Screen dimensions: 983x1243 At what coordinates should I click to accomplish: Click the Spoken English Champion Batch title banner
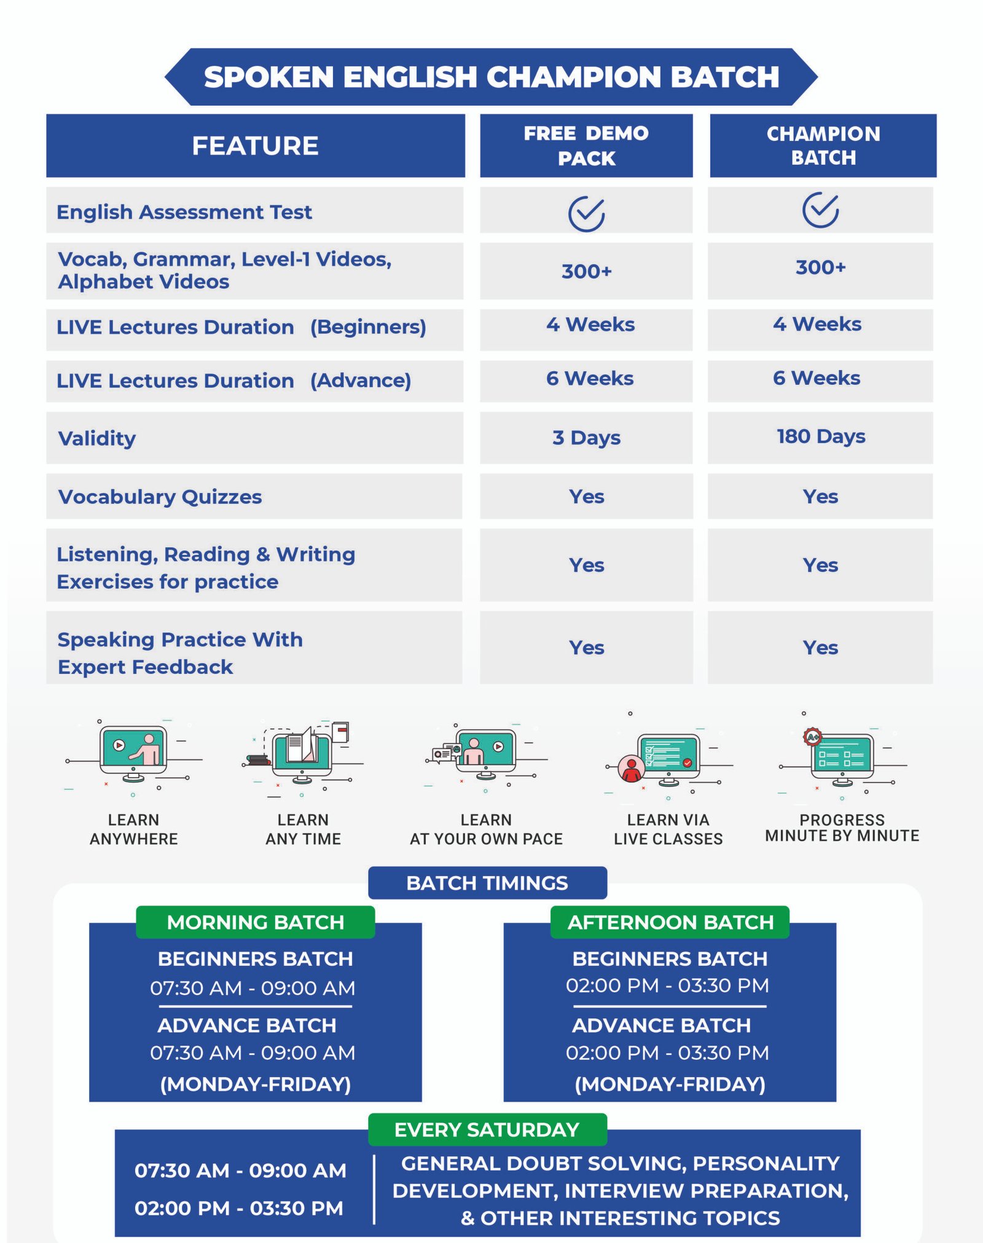491,77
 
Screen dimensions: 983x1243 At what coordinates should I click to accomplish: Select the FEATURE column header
256,146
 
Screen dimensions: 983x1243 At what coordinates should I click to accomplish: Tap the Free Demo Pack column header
586,146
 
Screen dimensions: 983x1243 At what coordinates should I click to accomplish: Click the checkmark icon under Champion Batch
820,210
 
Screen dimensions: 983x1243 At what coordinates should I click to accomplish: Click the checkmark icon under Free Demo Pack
586,213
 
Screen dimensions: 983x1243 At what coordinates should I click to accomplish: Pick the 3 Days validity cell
586,438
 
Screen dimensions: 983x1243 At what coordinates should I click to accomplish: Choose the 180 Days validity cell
820,438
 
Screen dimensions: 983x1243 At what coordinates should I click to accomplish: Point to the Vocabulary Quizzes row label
160,497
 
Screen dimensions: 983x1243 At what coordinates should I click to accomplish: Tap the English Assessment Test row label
184,212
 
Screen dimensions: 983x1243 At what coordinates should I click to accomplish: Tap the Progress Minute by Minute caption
842,828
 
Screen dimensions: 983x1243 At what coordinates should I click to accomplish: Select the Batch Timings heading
487,883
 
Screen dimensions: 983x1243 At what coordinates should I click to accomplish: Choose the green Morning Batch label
256,922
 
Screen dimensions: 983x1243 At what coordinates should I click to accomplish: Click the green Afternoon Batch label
670,922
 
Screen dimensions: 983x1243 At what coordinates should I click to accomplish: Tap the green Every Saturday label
487,1130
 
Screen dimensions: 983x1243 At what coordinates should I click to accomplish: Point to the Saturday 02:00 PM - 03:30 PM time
239,1209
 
